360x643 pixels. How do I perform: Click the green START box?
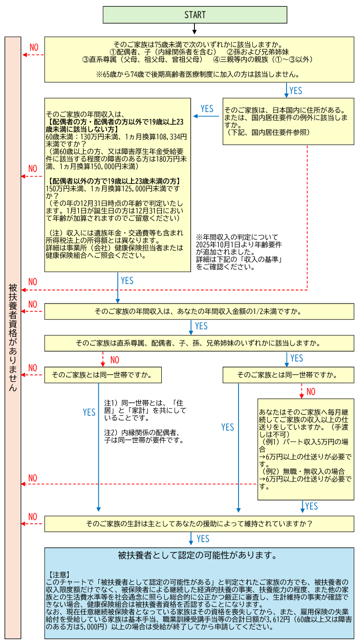coord(195,15)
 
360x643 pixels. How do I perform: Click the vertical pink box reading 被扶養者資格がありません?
coord(13,336)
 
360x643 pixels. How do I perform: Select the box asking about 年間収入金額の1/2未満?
coord(199,311)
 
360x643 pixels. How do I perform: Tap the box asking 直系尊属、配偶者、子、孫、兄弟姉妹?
coord(199,343)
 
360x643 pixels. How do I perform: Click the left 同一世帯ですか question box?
coord(103,375)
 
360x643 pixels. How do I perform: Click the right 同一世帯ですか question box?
coord(288,375)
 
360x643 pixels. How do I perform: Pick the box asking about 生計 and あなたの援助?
coord(199,523)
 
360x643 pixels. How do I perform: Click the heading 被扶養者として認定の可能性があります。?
coord(197,556)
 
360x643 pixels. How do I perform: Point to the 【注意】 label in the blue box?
coord(60,574)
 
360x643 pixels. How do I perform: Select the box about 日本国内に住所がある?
coord(288,121)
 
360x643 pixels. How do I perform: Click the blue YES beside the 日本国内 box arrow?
coord(207,109)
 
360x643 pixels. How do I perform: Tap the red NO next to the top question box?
coord(34,48)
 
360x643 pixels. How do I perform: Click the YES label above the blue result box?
coord(203,539)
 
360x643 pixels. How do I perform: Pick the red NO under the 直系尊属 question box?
coord(115,360)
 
